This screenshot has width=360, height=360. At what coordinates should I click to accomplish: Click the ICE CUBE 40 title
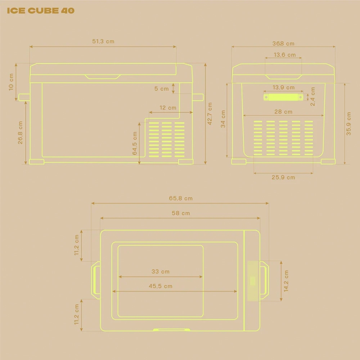[x=41, y=10]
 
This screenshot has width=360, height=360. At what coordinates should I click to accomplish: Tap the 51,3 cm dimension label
[x=103, y=41]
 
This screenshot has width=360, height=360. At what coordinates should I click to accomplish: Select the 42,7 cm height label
[x=210, y=114]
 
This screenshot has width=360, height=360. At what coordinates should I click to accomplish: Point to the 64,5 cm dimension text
[x=135, y=143]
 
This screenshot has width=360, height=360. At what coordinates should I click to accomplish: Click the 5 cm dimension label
[x=161, y=89]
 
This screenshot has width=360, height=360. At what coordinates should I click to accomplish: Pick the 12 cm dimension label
[x=168, y=108]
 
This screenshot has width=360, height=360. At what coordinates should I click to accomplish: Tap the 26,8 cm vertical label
[x=20, y=133]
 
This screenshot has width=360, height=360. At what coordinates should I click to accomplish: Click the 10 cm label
[x=11, y=82]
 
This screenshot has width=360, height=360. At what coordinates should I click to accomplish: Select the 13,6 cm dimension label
[x=285, y=55]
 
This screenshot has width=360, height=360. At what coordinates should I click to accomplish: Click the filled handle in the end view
[x=283, y=97]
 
